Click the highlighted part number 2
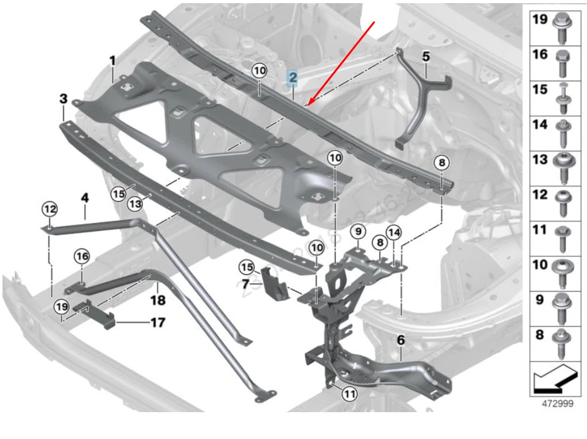[292, 79]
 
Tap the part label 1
[113, 61]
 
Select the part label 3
[63, 99]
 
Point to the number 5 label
[425, 56]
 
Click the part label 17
[157, 323]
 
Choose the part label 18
[157, 301]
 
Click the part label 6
[401, 340]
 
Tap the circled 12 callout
[49, 209]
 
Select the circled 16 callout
[82, 255]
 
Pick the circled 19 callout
[61, 307]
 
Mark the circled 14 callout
[394, 232]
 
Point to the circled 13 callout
[135, 204]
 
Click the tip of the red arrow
[307, 105]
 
